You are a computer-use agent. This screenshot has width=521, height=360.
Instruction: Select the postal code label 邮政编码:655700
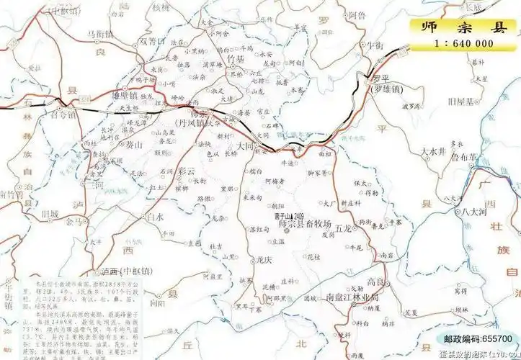(478, 338)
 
